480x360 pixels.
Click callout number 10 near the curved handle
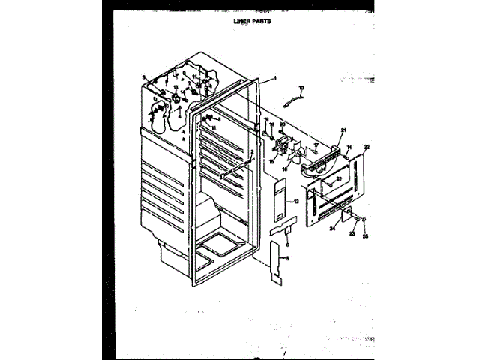[301, 88]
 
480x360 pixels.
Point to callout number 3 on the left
[142, 76]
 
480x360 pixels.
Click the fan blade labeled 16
[298, 154]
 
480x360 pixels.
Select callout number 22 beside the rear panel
[367, 147]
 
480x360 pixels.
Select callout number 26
[366, 237]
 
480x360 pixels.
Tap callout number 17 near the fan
[316, 144]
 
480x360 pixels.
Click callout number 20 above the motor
[283, 124]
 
